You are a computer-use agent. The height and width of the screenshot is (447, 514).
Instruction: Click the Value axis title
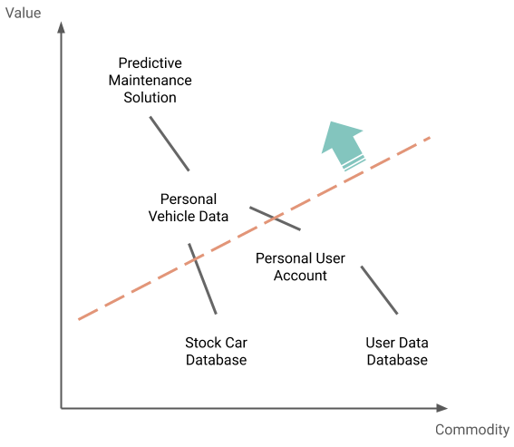(x=24, y=13)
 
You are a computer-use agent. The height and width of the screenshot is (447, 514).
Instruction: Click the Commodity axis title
(x=472, y=430)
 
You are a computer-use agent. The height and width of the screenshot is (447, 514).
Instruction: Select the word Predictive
(x=150, y=63)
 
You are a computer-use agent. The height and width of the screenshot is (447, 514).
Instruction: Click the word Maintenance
(x=150, y=81)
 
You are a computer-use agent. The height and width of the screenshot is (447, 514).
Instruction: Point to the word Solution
(x=150, y=97)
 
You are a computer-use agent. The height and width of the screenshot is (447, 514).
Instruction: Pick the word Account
(x=300, y=276)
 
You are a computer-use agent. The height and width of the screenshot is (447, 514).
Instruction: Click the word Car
(x=236, y=343)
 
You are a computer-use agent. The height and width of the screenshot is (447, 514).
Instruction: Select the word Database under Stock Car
(x=217, y=360)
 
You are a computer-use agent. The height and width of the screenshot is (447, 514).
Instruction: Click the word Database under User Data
(x=397, y=360)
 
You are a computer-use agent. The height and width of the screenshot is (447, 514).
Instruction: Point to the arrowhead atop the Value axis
(x=62, y=27)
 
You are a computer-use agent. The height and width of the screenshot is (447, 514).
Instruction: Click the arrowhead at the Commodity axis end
(x=442, y=408)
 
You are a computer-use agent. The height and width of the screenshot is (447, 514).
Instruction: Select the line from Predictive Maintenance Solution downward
(x=170, y=143)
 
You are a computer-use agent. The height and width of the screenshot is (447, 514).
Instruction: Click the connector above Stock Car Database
(x=202, y=278)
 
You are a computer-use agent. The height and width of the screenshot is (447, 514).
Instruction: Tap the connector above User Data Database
(x=379, y=290)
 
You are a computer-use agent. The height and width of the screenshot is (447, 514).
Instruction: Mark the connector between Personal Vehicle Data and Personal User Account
(x=275, y=219)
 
